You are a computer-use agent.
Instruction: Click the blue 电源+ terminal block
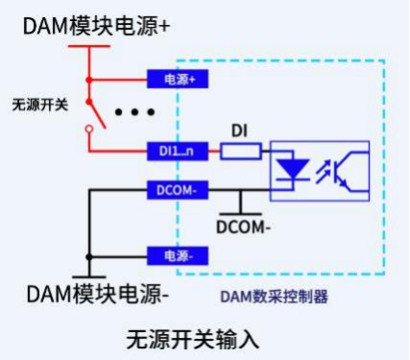pyautogui.click(x=178, y=79)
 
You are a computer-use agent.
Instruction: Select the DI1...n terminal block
pyautogui.click(x=178, y=151)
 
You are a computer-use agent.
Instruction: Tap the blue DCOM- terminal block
pyautogui.click(x=178, y=190)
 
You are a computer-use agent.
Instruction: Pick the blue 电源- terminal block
pyautogui.click(x=178, y=255)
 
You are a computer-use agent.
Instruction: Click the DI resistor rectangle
pyautogui.click(x=241, y=151)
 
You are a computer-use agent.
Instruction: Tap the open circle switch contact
pyautogui.click(x=89, y=129)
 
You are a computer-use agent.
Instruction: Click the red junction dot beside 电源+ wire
pyautogui.click(x=89, y=80)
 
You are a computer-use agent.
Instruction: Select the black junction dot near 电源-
pyautogui.click(x=89, y=256)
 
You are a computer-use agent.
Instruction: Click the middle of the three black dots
pyautogui.click(x=134, y=112)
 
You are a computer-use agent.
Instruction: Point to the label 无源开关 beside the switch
pyautogui.click(x=40, y=105)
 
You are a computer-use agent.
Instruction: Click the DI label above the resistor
pyautogui.click(x=239, y=131)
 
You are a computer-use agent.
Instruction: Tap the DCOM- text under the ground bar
pyautogui.click(x=243, y=228)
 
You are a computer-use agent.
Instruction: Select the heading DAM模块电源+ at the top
pyautogui.click(x=96, y=26)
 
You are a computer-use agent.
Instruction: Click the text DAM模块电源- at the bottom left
pyautogui.click(x=98, y=294)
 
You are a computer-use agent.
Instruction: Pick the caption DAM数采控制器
pyautogui.click(x=275, y=297)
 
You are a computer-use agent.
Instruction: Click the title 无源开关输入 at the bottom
pyautogui.click(x=193, y=340)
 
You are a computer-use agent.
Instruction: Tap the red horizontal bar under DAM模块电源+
pyautogui.click(x=89, y=46)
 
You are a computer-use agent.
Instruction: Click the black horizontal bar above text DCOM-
pyautogui.click(x=240, y=214)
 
